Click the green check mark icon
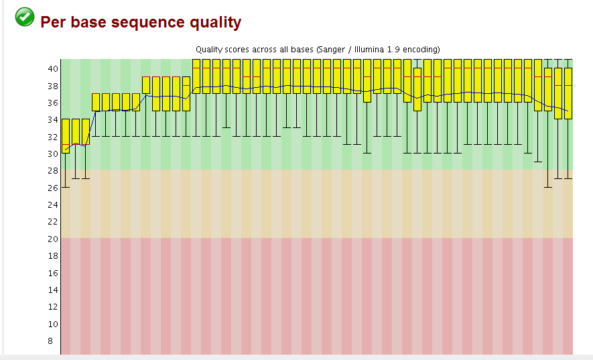(x=24, y=17)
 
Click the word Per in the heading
(x=54, y=22)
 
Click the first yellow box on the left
(x=66, y=136)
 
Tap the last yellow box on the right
(x=568, y=93)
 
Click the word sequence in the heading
(x=138, y=22)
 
